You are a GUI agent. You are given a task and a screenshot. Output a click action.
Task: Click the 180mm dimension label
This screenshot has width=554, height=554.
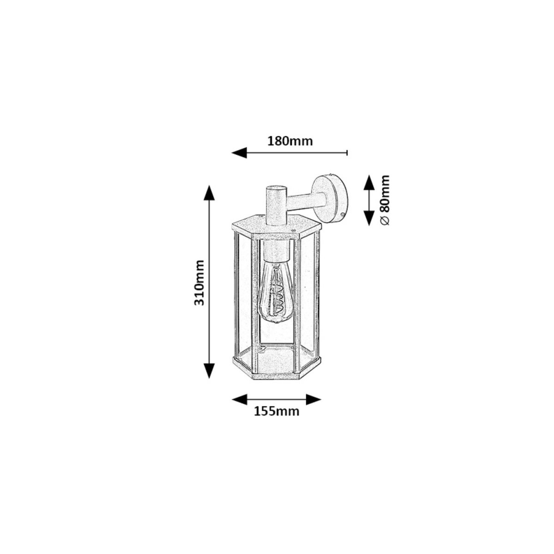290,141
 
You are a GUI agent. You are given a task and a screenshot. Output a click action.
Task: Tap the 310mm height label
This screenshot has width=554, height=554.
199,283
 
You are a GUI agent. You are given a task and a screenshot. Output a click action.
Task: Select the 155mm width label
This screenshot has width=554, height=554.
277,411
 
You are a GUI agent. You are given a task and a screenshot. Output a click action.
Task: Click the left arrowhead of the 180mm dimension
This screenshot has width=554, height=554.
239,152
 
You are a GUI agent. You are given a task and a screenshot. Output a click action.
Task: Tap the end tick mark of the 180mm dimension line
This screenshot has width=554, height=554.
347,153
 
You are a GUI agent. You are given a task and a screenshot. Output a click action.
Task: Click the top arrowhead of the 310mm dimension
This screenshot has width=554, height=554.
209,193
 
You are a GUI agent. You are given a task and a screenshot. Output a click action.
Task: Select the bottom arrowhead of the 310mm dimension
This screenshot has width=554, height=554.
209,371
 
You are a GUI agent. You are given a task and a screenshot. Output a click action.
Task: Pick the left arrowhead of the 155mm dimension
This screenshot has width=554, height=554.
239,399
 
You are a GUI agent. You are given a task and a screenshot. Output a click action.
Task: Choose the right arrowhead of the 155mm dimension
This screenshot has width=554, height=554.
313,399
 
